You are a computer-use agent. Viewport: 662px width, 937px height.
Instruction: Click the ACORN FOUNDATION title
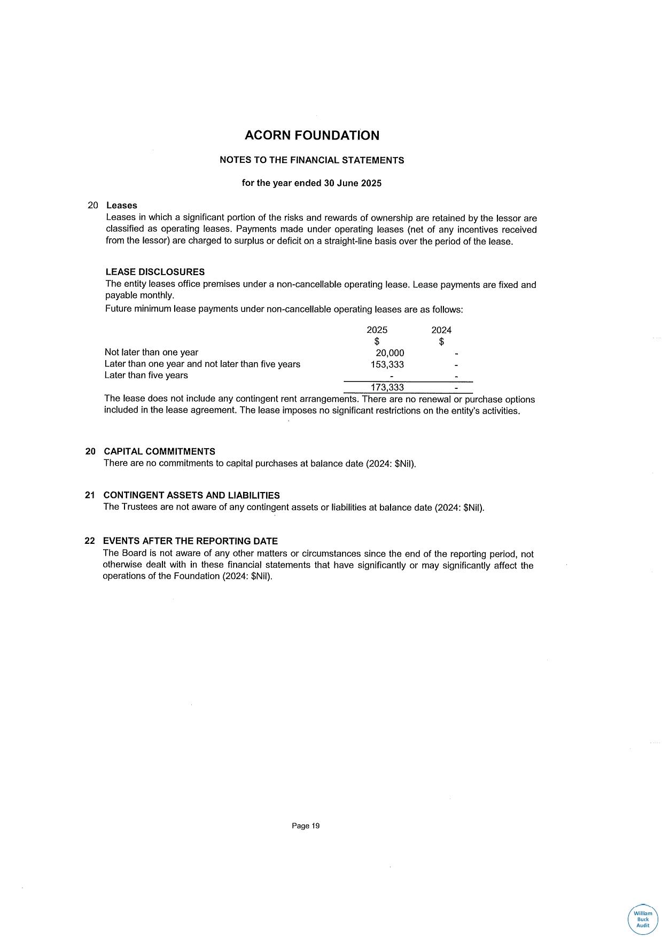point(311,136)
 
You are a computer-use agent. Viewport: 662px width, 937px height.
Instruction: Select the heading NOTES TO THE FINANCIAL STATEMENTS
point(311,160)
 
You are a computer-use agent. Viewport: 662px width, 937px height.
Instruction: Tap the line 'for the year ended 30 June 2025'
point(311,183)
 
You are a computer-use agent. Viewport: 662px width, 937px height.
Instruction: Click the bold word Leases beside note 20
point(122,206)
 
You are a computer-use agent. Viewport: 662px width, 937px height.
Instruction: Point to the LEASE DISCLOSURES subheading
point(155,272)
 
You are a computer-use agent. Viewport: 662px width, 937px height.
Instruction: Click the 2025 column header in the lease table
point(377,330)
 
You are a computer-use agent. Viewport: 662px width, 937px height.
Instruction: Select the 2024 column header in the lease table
point(441,330)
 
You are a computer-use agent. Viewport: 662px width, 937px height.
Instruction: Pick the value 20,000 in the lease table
point(390,353)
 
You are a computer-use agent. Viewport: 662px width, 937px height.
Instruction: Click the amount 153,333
point(387,364)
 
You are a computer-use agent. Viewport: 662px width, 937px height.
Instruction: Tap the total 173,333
point(387,387)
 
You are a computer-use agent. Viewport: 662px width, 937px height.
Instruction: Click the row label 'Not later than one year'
point(151,353)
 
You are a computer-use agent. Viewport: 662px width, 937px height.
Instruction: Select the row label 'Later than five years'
point(146,376)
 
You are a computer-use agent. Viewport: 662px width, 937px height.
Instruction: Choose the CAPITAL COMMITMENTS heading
point(159,451)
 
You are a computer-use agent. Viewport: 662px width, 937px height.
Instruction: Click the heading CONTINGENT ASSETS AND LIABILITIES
point(191,496)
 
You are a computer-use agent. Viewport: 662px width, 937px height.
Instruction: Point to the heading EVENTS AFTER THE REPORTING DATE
point(190,541)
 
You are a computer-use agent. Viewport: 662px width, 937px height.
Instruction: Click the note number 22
point(90,541)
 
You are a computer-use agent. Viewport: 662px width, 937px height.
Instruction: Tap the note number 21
point(90,496)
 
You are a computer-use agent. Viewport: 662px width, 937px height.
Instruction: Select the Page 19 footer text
point(306,826)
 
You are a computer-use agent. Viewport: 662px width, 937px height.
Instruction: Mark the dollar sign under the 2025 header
point(377,341)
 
